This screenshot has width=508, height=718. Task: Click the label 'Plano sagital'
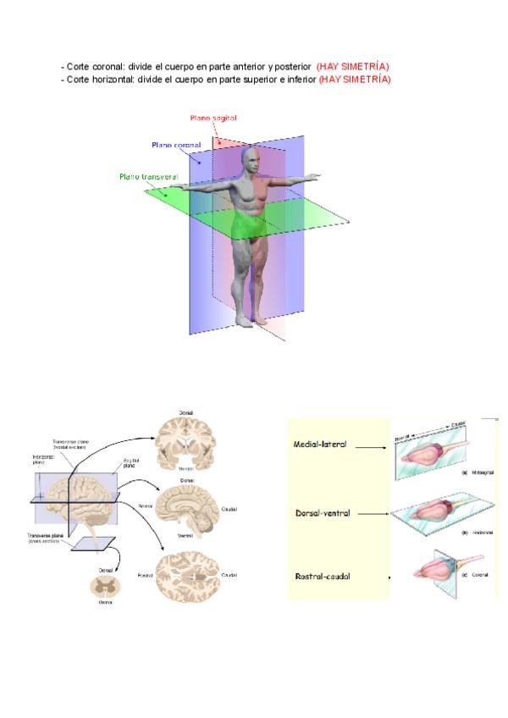[213, 121]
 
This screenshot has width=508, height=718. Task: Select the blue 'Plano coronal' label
[176, 146]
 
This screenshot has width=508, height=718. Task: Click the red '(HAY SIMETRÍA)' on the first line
[353, 66]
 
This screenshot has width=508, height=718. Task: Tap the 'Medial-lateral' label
[319, 445]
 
